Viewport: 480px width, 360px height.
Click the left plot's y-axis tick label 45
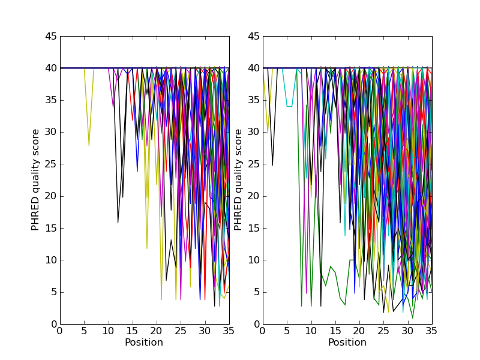click(x=50, y=36)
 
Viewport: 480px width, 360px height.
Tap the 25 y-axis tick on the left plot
click(x=50, y=164)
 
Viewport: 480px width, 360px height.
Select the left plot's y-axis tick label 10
click(x=50, y=260)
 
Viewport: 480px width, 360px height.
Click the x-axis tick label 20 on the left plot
click(x=157, y=331)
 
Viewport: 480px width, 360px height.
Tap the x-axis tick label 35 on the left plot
click(x=229, y=331)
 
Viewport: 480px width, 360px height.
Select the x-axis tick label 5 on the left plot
click(x=84, y=331)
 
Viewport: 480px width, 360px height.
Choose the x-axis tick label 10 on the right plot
click(x=311, y=331)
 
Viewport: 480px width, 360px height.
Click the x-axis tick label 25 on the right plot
click(x=384, y=331)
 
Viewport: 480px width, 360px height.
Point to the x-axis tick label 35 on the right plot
click(x=432, y=331)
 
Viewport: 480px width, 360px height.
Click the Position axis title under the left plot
click(x=144, y=343)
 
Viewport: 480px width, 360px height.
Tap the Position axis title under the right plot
click(x=347, y=343)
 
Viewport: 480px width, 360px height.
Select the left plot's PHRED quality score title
click(x=36, y=180)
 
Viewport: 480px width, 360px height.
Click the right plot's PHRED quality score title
click(x=239, y=180)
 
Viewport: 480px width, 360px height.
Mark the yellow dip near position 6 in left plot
click(x=89, y=145)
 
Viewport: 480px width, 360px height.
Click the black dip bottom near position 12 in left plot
click(x=118, y=222)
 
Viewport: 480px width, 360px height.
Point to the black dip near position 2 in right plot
click(x=273, y=164)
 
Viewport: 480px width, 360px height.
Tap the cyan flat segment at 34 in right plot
click(x=290, y=106)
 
